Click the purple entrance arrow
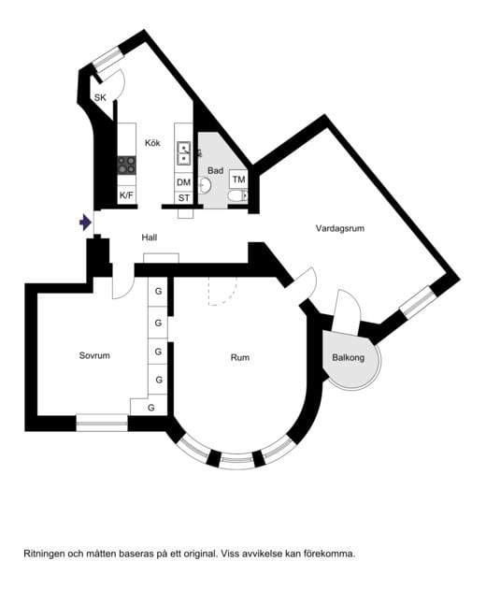click(x=85, y=223)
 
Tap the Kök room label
click(x=153, y=142)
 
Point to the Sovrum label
click(x=94, y=356)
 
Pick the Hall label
click(x=149, y=237)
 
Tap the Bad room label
click(x=215, y=170)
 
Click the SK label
click(x=100, y=97)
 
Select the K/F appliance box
click(x=126, y=194)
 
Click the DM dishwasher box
click(x=183, y=182)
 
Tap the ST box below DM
click(x=183, y=198)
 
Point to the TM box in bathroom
click(x=238, y=179)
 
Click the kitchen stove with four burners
click(x=126, y=165)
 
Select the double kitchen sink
click(x=184, y=152)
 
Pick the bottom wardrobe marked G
click(x=150, y=407)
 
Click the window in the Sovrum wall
click(x=101, y=422)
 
